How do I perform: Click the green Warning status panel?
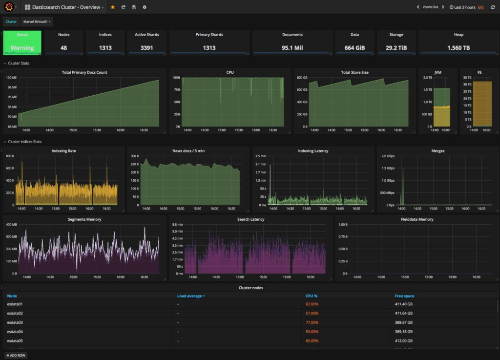[22, 43]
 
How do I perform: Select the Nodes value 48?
[63, 48]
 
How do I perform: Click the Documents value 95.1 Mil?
[292, 48]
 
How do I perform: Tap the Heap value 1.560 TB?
[458, 48]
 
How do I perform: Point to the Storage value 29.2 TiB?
[396, 48]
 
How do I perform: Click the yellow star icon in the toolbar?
[113, 7]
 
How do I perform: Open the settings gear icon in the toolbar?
[144, 7]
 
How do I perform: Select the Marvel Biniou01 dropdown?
[37, 21]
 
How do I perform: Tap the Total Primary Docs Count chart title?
[84, 72]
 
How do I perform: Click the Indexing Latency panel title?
[313, 151]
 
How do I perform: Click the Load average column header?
[190, 296]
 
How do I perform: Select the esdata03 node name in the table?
[15, 322]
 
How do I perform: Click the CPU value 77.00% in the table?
[312, 322]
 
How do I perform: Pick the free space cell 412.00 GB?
[403, 341]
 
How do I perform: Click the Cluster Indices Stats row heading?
[25, 142]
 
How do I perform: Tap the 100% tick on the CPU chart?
[176, 78]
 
